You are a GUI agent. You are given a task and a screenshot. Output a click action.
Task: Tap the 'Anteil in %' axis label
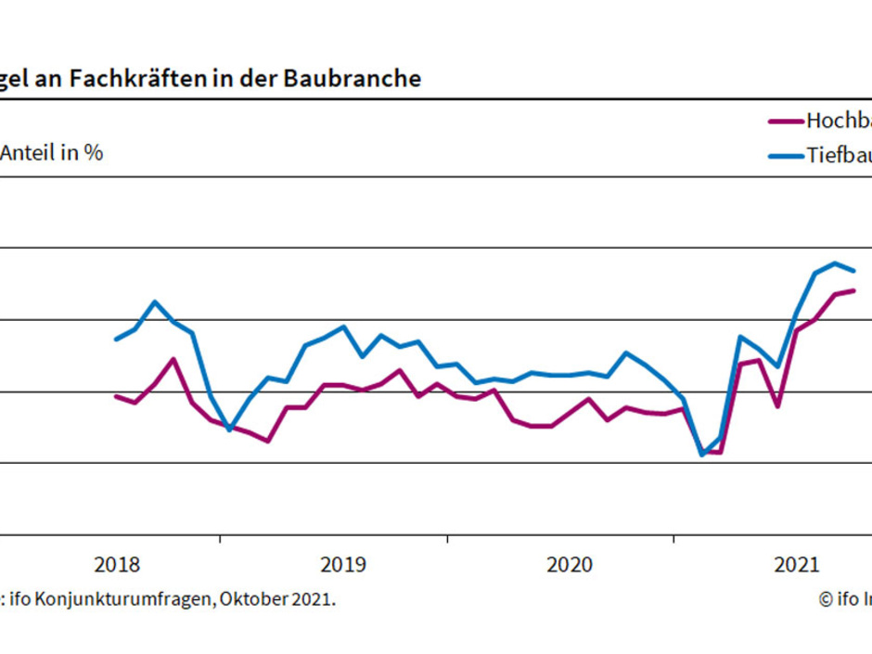52,153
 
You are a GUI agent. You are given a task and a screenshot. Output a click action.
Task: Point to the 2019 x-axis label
343,564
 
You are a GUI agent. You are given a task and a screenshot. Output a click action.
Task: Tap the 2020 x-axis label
570,564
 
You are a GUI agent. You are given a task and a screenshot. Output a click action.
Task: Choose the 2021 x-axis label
796,564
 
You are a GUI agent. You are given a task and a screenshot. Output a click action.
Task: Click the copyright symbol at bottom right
826,599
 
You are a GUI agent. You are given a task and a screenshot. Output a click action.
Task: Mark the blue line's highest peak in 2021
835,263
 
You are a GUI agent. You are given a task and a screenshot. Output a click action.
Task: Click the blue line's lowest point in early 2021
702,455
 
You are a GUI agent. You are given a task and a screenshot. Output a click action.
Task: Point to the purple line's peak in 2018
173,359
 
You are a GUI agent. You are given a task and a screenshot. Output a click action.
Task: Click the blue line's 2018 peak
155,301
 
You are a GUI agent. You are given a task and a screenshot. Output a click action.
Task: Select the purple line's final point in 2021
853,290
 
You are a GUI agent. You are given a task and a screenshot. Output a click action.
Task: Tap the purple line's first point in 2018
116,396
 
